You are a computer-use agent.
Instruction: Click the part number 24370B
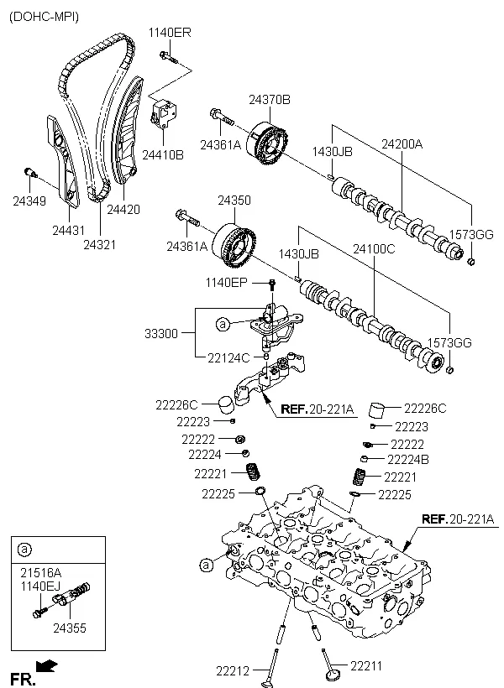[269, 100]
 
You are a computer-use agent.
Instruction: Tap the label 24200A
[402, 144]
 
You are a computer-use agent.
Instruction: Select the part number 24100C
[373, 248]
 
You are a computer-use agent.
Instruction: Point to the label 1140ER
[170, 32]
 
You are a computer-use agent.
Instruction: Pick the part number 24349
[30, 201]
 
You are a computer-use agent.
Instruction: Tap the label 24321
[99, 244]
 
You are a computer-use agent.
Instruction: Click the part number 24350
[234, 201]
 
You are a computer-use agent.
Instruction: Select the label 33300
[161, 333]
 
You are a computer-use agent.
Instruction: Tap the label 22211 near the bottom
[365, 665]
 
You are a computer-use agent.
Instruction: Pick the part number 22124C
[228, 358]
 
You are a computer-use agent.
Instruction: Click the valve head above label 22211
[331, 672]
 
